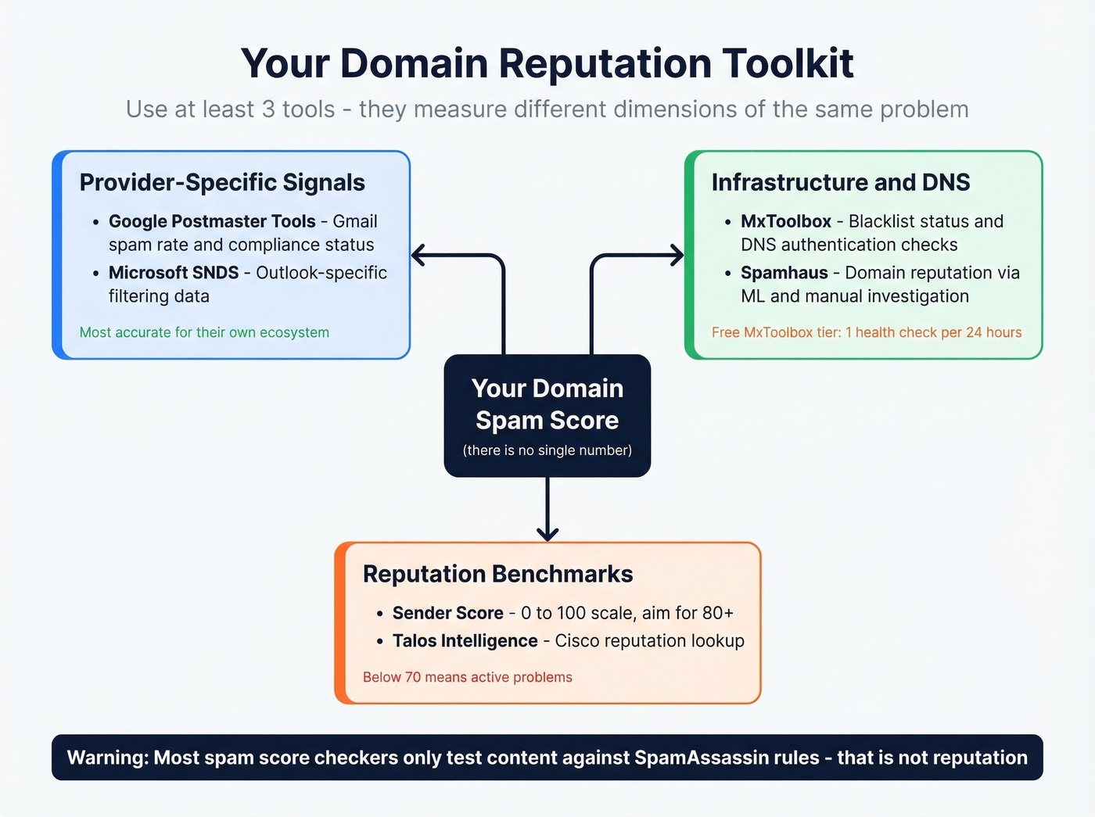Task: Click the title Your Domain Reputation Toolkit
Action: click(x=547, y=63)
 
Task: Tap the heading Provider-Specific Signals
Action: click(x=222, y=182)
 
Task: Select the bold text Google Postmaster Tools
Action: click(x=212, y=221)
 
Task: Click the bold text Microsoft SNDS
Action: click(x=174, y=273)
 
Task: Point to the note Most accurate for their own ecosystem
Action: click(x=204, y=332)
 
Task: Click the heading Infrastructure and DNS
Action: click(x=841, y=182)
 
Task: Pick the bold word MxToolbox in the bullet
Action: click(x=786, y=221)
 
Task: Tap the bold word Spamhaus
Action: click(x=784, y=273)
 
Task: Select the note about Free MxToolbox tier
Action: click(x=867, y=332)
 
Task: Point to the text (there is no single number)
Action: click(x=547, y=450)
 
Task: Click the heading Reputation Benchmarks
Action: click(x=497, y=574)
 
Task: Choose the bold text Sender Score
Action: click(x=447, y=613)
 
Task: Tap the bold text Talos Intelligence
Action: click(x=465, y=641)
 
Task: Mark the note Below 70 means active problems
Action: click(x=467, y=677)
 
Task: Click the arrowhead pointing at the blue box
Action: click(x=418, y=255)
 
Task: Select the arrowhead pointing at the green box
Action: click(x=677, y=255)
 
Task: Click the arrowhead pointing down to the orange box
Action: click(x=547, y=534)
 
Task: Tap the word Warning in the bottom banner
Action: click(x=107, y=758)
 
